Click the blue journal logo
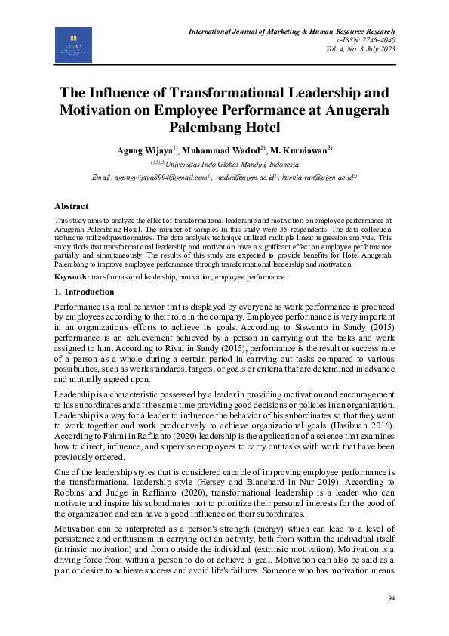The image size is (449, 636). click(73, 45)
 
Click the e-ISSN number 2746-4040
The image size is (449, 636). click(400, 39)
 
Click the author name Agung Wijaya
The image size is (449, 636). click(145, 151)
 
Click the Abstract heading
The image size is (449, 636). click(71, 205)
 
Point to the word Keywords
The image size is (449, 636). click(72, 277)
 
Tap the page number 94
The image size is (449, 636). click(391, 598)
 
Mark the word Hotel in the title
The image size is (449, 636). click(259, 127)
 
